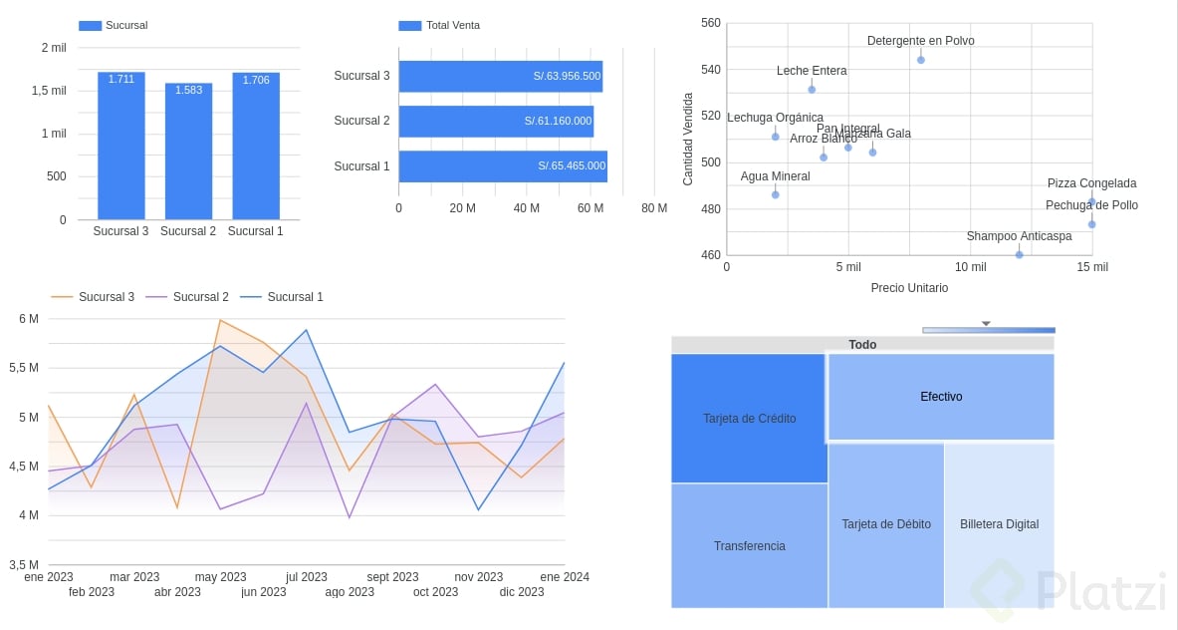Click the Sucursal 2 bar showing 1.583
pos(188,151)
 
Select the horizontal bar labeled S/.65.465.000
pos(503,166)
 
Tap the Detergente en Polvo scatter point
pos(921,60)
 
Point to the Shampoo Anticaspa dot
pos(1019,255)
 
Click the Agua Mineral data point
pos(776,194)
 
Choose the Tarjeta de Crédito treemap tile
pos(749,419)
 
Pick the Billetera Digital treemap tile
pos(999,524)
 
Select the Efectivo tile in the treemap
pos(941,397)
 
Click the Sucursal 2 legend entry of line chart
pos(200,297)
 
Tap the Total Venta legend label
pos(452,25)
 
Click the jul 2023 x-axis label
pos(307,577)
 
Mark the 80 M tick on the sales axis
pos(654,208)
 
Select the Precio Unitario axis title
pos(909,288)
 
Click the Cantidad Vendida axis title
pos(688,139)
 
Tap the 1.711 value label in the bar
pos(121,79)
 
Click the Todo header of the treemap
pos(862,345)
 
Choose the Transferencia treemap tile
pos(749,546)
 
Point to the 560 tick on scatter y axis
pos(711,23)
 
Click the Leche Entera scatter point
pos(812,90)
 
